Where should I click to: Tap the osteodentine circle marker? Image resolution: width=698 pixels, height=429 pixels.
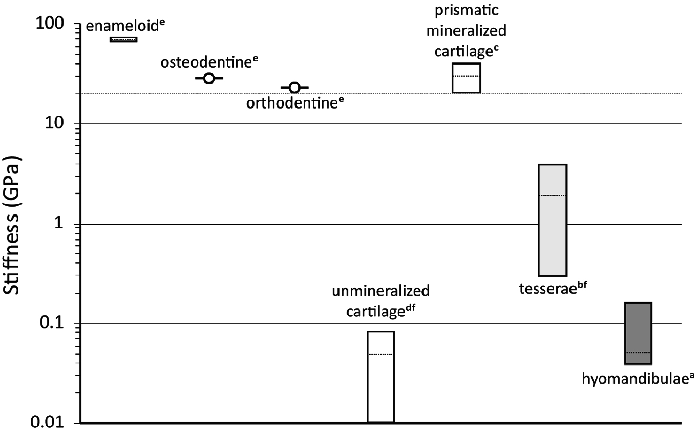tap(208, 78)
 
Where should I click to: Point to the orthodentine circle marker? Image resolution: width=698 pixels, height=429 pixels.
tap(294, 88)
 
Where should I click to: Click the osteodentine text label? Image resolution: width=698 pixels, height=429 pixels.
tap(209, 62)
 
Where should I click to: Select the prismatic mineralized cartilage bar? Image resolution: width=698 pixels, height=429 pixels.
tap(466, 78)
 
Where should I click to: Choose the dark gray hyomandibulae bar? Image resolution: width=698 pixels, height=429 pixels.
tap(638, 333)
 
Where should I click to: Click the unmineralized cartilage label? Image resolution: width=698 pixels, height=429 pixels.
tap(380, 302)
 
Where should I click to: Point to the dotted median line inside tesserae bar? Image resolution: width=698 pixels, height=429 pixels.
tap(552, 195)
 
